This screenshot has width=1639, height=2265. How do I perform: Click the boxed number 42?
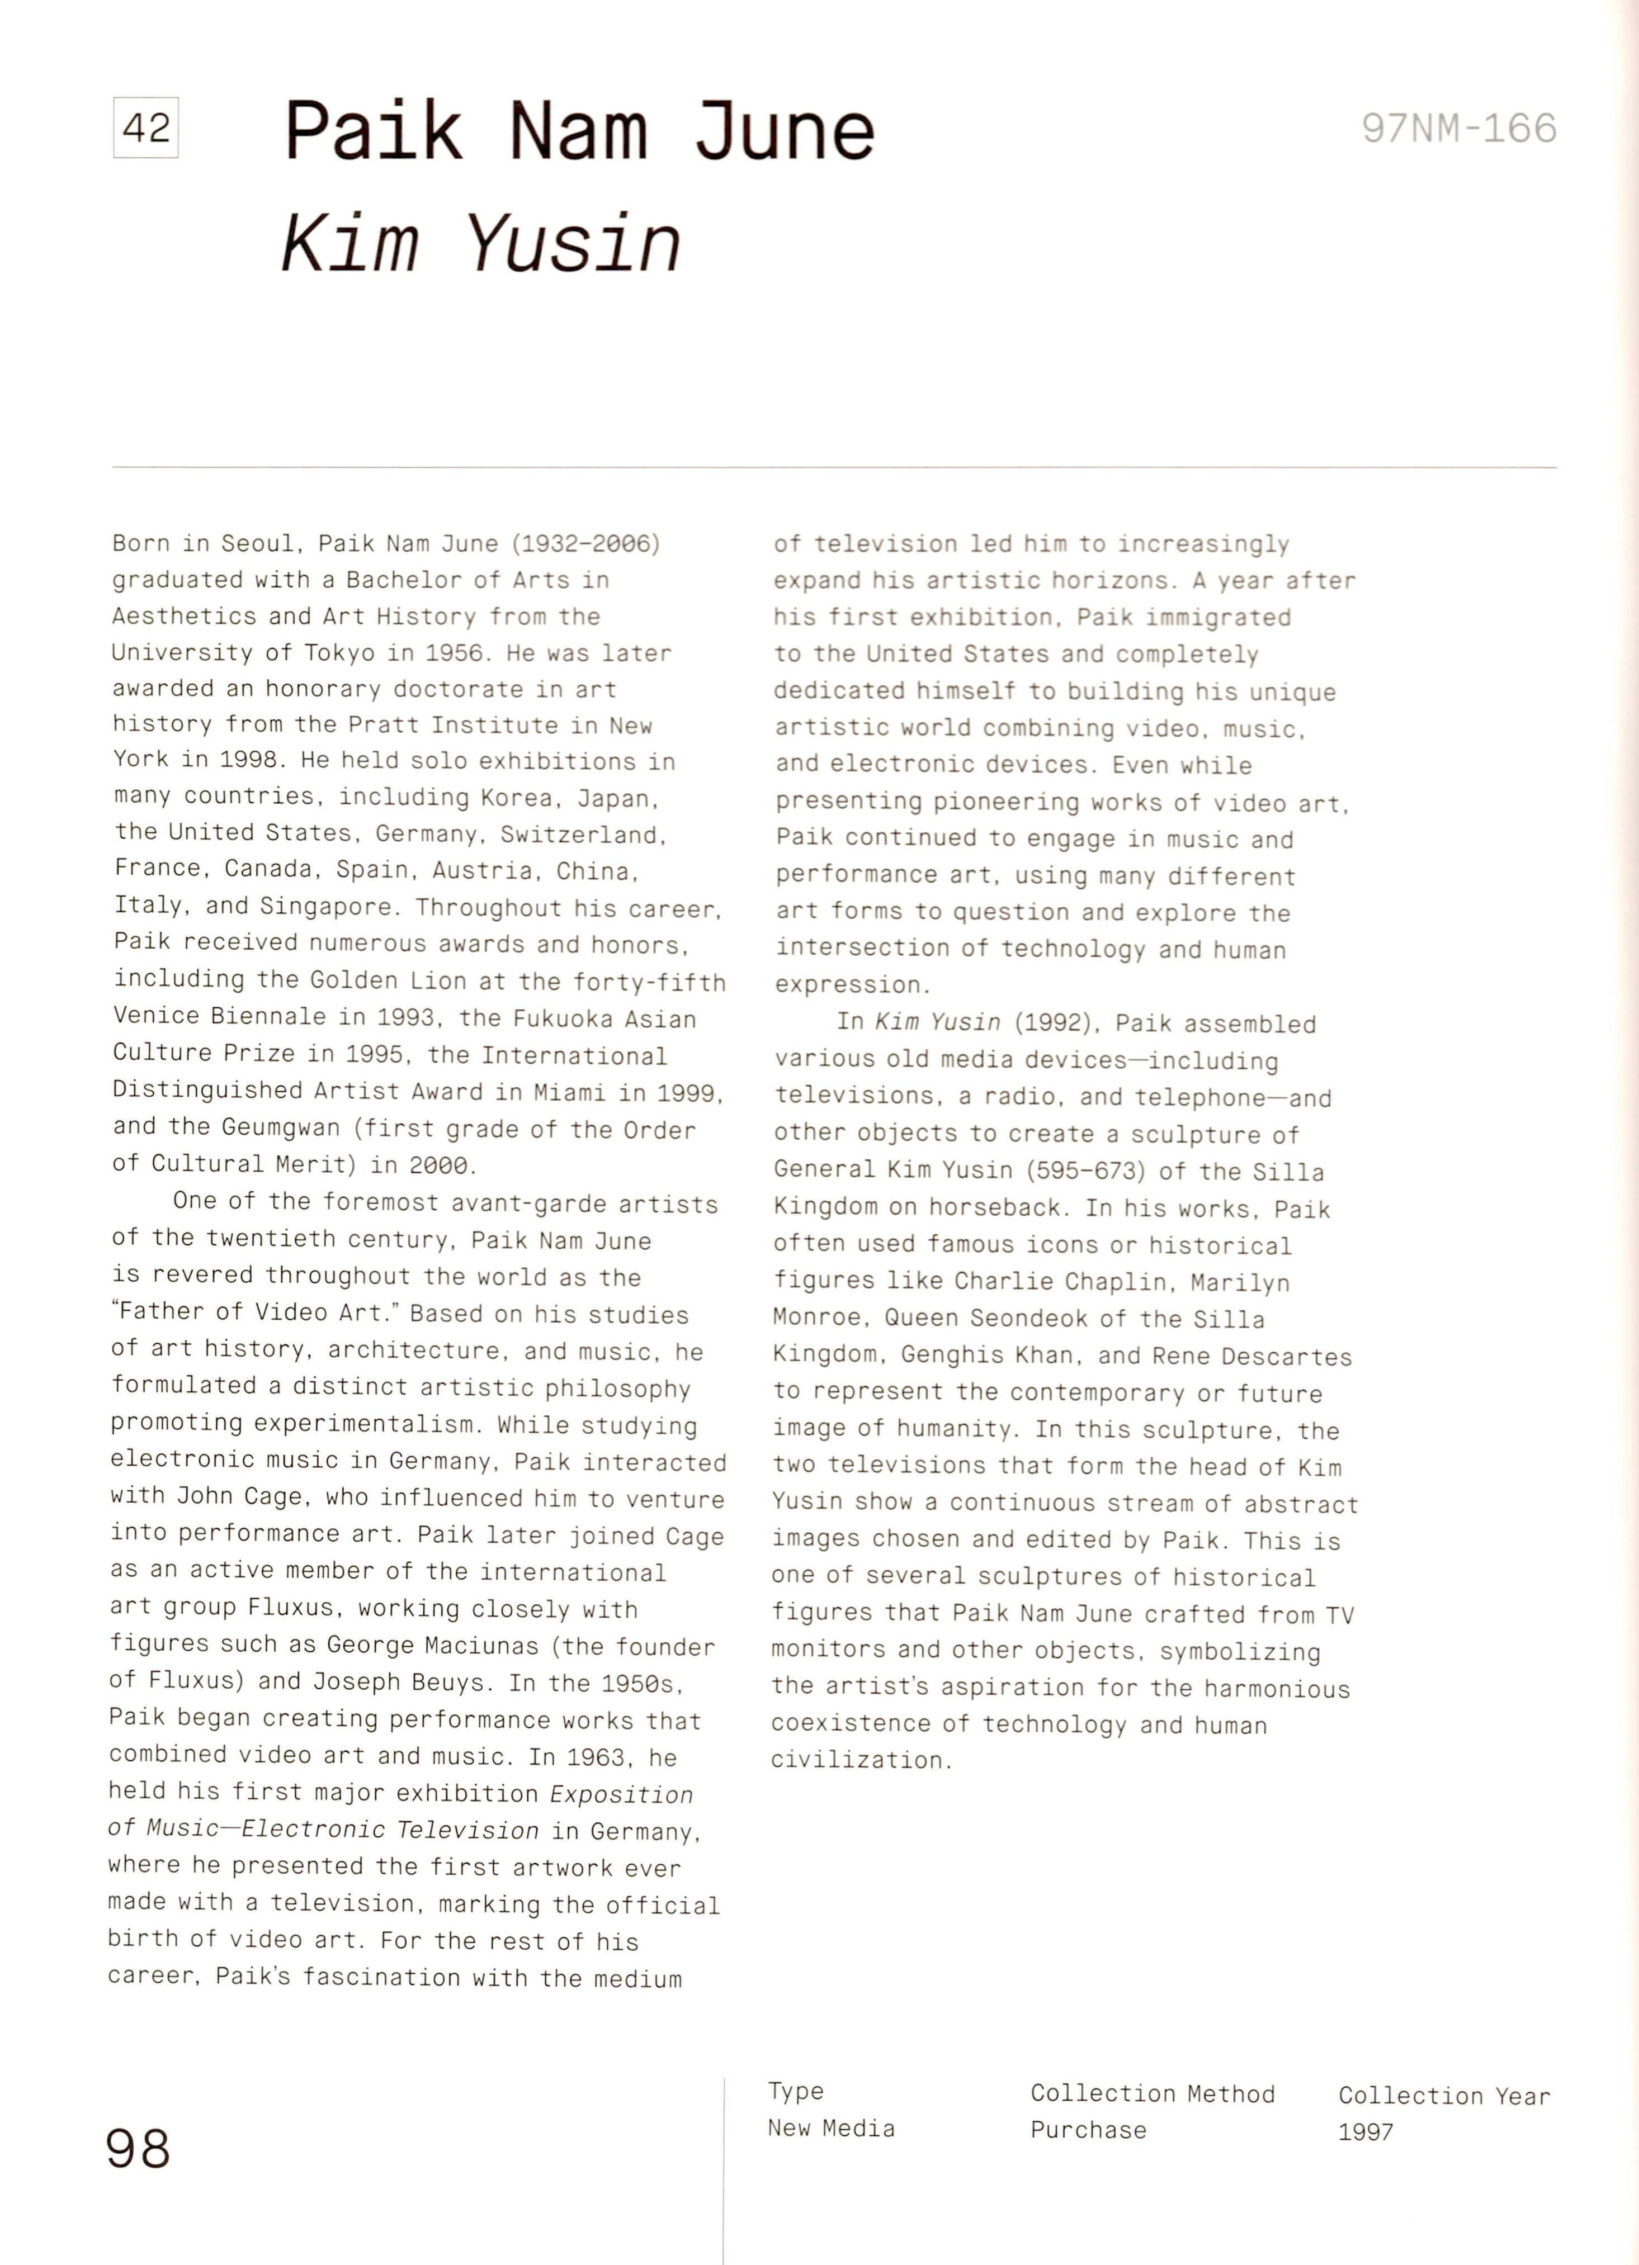pyautogui.click(x=146, y=128)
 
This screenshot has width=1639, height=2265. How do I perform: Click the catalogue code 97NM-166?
pyautogui.click(x=1458, y=129)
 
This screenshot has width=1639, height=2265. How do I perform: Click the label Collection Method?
pyautogui.click(x=1153, y=2094)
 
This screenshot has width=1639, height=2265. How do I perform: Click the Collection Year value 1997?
pyautogui.click(x=1366, y=2132)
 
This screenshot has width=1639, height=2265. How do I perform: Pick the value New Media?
pyautogui.click(x=831, y=2128)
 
